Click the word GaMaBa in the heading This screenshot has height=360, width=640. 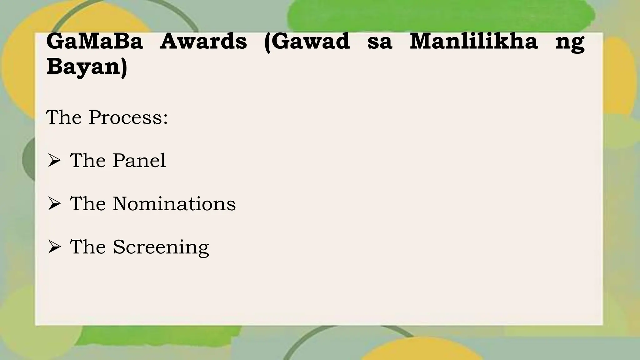94,41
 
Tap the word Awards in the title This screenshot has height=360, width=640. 203,41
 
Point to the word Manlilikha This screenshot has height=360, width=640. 473,41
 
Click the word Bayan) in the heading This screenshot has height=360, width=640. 87,67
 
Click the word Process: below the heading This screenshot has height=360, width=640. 128,118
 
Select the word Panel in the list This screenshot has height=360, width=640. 139,161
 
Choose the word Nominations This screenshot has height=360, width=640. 174,204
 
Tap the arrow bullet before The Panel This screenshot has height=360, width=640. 54,161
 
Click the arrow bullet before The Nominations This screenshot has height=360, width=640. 54,204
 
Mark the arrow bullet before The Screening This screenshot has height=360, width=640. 54,247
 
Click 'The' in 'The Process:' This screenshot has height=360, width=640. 64,118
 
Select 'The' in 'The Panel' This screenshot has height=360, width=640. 88,161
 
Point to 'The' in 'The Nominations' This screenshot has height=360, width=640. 88,204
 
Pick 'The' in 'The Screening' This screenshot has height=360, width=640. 88,247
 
